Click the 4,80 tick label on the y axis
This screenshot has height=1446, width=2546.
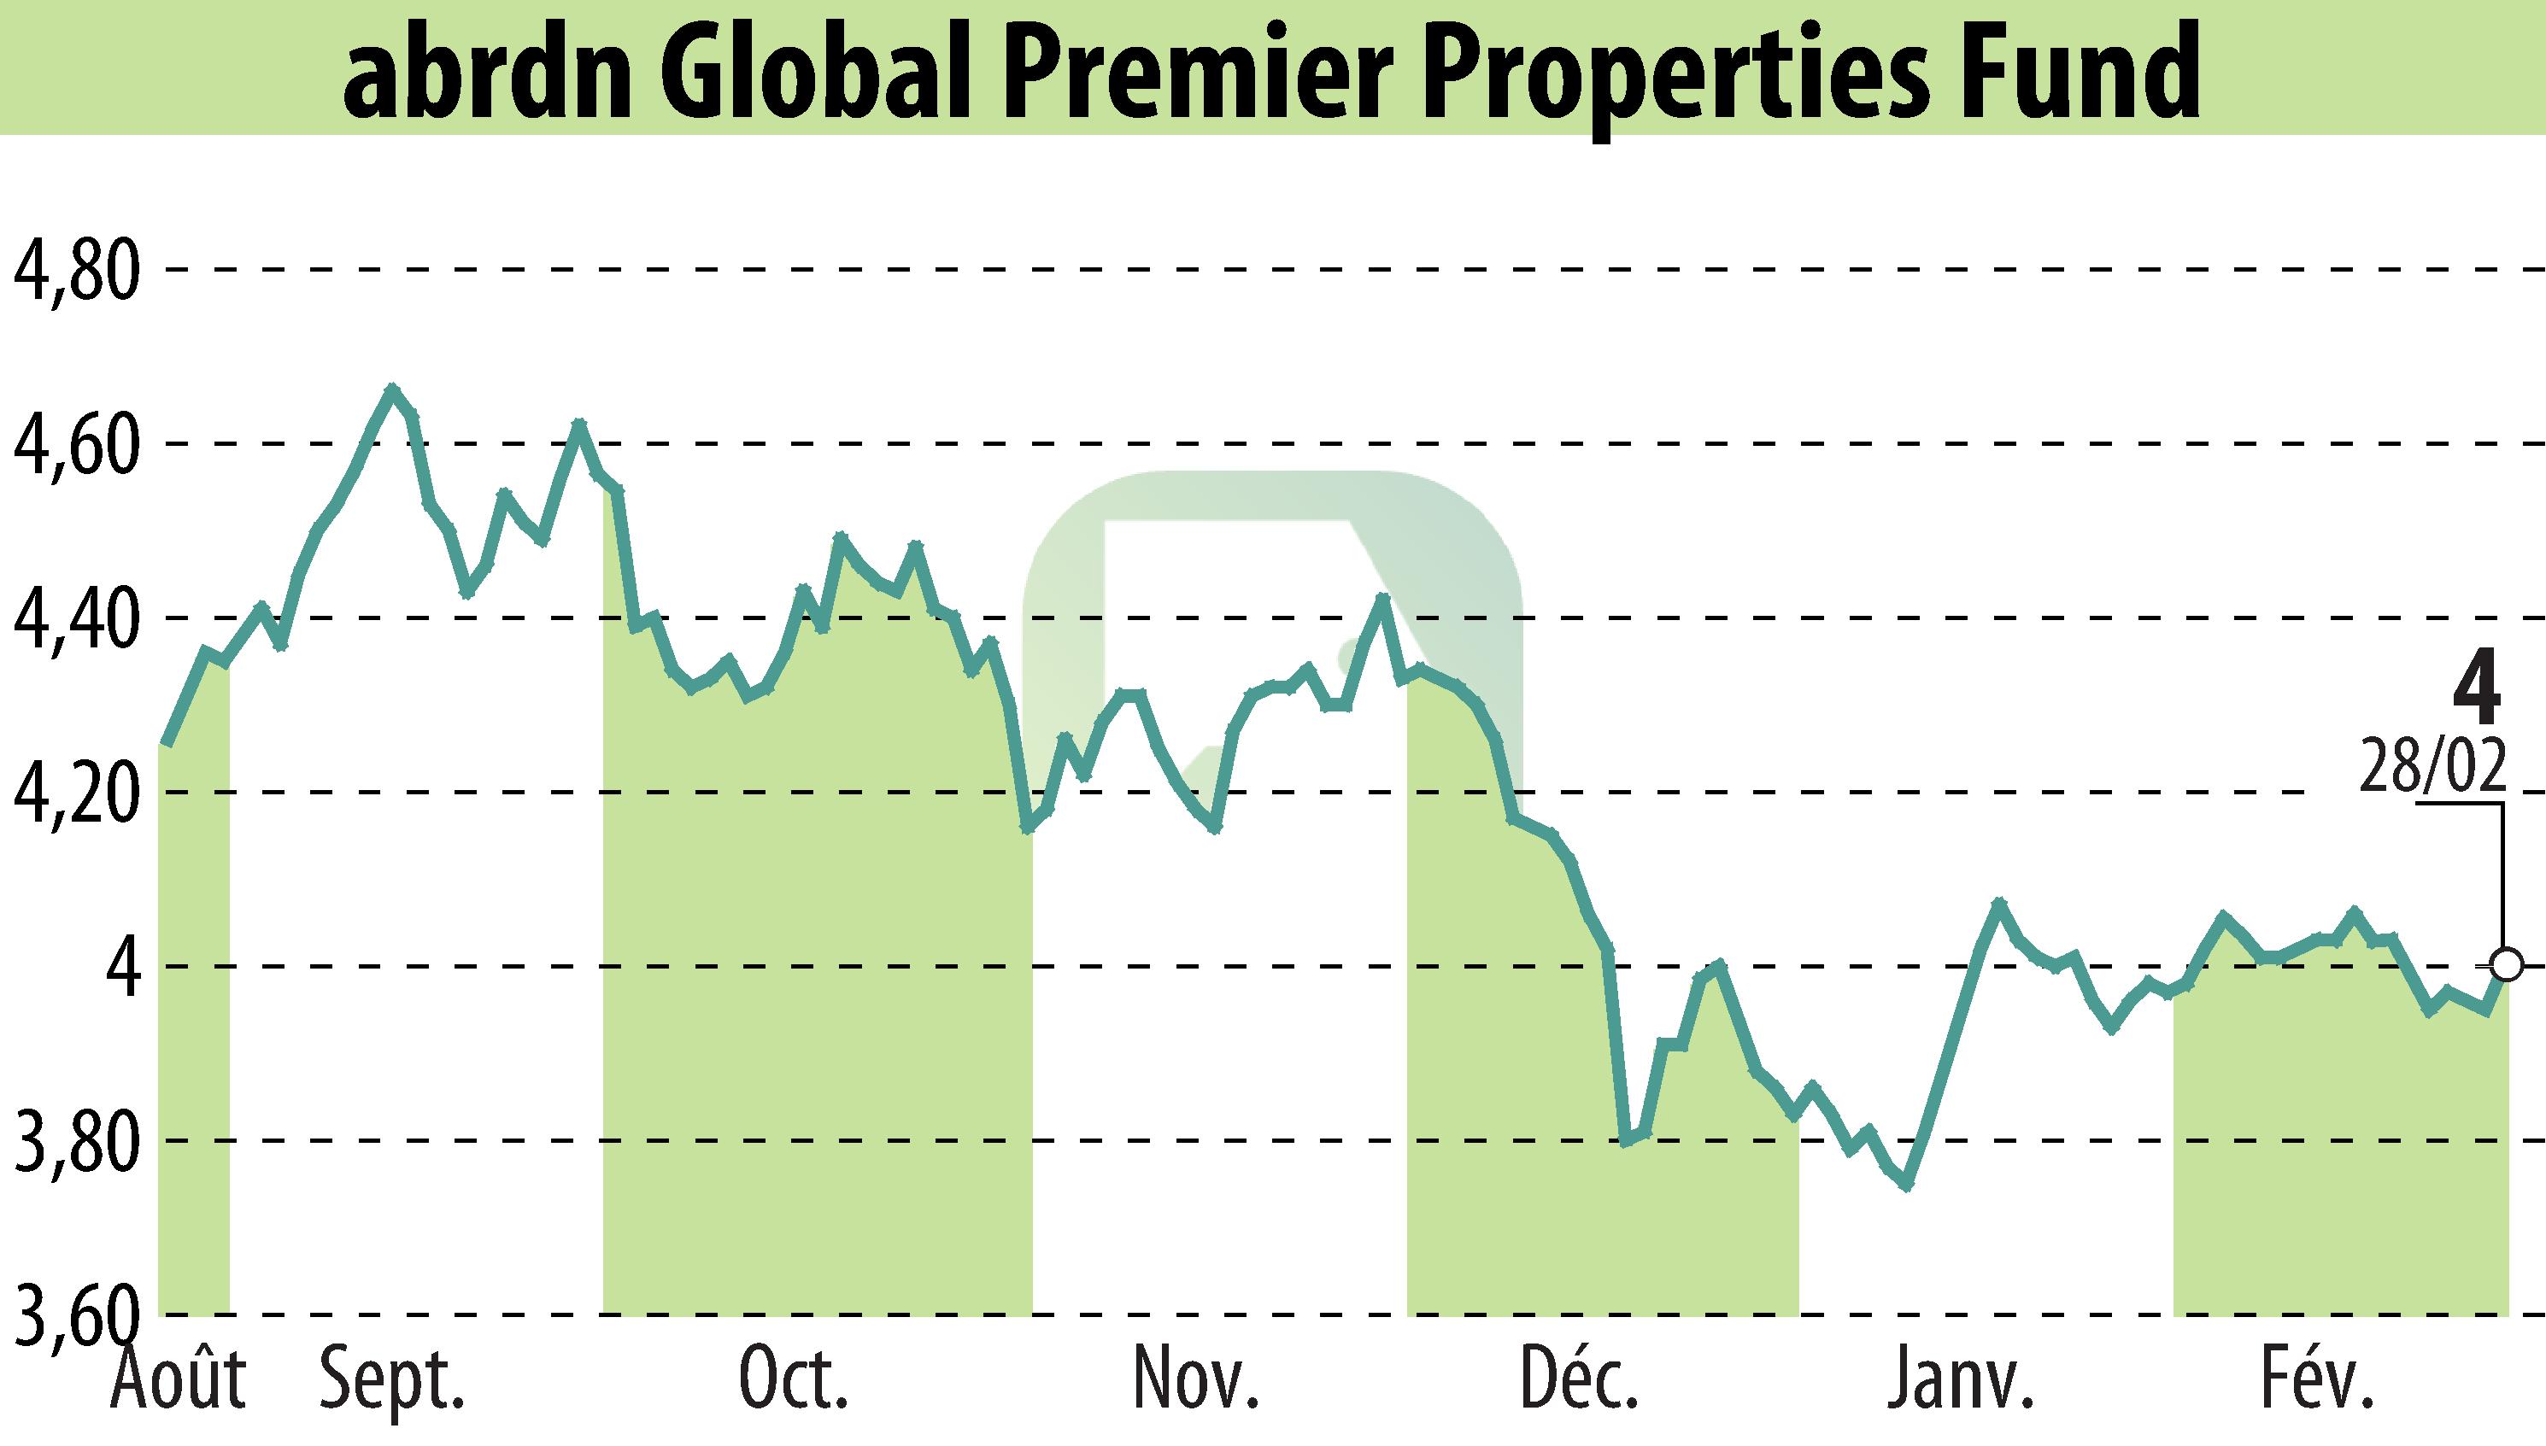(x=73, y=270)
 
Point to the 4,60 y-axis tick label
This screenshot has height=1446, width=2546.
(x=73, y=445)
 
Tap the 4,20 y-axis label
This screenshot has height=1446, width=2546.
(x=73, y=793)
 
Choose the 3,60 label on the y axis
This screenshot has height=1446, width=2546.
(x=73, y=1316)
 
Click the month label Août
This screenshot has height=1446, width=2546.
(x=179, y=1380)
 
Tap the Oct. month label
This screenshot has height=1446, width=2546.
(x=794, y=1380)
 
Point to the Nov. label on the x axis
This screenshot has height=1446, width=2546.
(x=1196, y=1380)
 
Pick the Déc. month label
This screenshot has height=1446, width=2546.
(x=1580, y=1380)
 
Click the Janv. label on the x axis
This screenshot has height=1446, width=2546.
(x=1961, y=1380)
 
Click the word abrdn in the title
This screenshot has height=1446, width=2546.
(x=487, y=74)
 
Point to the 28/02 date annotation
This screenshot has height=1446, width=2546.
(x=2432, y=765)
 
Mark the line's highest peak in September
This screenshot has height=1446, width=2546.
(x=392, y=389)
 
